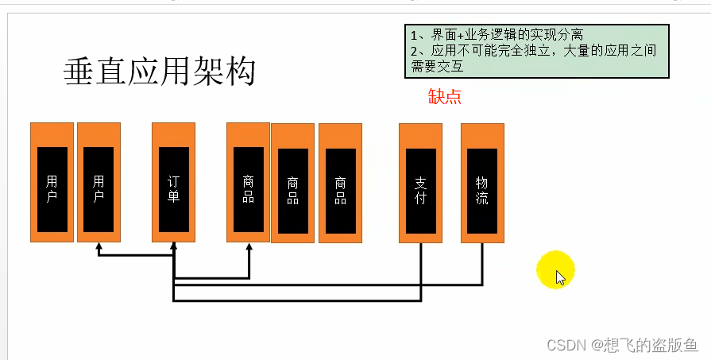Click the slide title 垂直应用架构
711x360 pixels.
pyautogui.click(x=159, y=72)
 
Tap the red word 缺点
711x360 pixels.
pyautogui.click(x=445, y=97)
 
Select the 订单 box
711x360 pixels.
pyautogui.click(x=173, y=182)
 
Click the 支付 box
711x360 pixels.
pyautogui.click(x=420, y=182)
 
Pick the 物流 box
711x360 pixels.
pyautogui.click(x=482, y=182)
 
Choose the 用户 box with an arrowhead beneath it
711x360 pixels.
pyautogui.click(x=99, y=182)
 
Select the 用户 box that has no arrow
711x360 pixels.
pyautogui.click(x=52, y=182)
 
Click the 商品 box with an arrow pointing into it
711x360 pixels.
pyautogui.click(x=248, y=182)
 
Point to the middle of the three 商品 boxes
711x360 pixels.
pyautogui.click(x=292, y=182)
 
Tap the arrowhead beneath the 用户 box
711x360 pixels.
pyautogui.click(x=99, y=248)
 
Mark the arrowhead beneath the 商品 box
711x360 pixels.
pyautogui.click(x=249, y=248)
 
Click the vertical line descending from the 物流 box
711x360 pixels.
pyautogui.click(x=482, y=262)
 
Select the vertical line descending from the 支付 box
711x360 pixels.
pyautogui.click(x=420, y=270)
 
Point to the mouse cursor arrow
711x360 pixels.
pyautogui.click(x=560, y=277)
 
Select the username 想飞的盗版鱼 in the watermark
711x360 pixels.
pyautogui.click(x=650, y=345)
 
